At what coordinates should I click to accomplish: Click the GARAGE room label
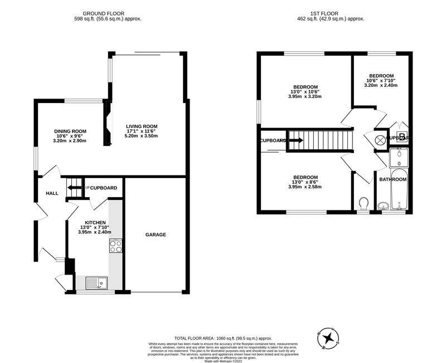[156, 235]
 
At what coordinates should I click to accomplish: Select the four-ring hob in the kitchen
[116, 246]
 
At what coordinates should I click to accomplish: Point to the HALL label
[52, 193]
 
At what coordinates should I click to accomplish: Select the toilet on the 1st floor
[364, 202]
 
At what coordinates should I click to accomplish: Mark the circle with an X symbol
[380, 141]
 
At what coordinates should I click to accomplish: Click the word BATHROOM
[393, 180]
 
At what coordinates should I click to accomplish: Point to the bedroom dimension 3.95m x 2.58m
[305, 187]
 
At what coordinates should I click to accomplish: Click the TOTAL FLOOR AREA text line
[223, 338]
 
